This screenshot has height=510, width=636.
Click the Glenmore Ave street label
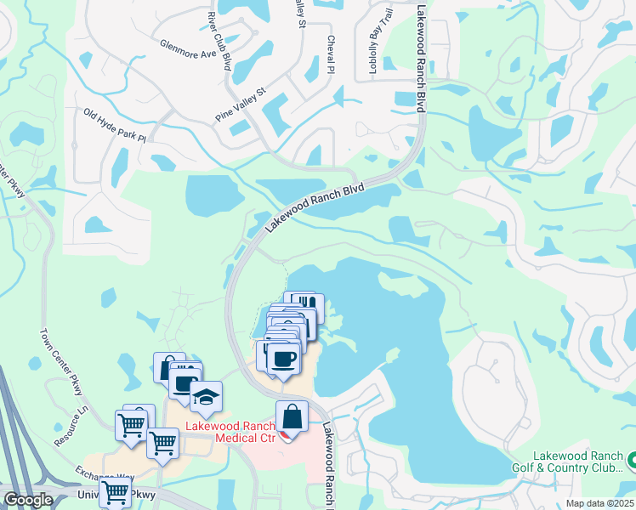pos(190,48)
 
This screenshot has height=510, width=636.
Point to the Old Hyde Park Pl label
pos(115,125)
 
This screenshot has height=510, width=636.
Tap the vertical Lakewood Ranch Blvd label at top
pos(420,59)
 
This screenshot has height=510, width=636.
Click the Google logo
pos(28,499)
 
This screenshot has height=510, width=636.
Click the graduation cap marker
pos(205,396)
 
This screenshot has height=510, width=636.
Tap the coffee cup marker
pos(284,357)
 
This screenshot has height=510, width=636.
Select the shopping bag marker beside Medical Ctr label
pos(292,416)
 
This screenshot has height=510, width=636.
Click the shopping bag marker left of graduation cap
pos(168,367)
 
